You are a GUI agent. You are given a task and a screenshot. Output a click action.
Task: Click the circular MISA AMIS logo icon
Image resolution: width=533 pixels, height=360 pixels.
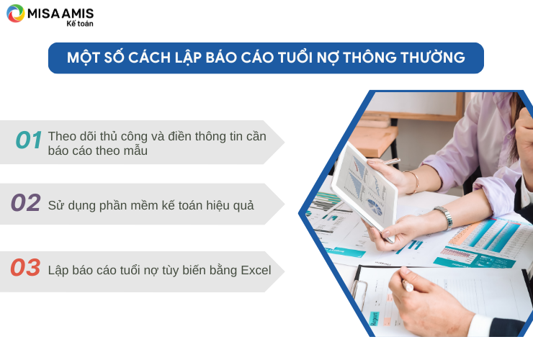pos(16,13)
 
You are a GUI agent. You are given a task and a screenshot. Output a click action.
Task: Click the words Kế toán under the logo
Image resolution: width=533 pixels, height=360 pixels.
pos(80,24)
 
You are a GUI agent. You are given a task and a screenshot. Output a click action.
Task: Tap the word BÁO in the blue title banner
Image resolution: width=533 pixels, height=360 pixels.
pos(221,58)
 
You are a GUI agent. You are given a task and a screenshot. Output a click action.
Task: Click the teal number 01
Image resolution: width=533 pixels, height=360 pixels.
pos(29,140)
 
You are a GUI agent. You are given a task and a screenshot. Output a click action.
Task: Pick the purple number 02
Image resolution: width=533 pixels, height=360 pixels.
pos(26,202)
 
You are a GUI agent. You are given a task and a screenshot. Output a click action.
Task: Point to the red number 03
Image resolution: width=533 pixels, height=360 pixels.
pos(25,267)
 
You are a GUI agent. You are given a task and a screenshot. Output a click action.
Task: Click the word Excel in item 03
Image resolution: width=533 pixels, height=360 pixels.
pos(256,270)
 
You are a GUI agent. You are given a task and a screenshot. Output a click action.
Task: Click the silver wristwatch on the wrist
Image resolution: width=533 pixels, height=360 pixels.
pos(445,217)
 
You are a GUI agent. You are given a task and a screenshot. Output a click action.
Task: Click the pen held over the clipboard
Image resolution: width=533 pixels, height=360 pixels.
pos(408,285)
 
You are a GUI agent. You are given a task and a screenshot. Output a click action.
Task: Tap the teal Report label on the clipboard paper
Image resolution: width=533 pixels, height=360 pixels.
pos(374,318)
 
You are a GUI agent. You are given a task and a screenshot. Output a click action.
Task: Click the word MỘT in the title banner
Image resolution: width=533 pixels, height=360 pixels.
pos(83,58)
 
